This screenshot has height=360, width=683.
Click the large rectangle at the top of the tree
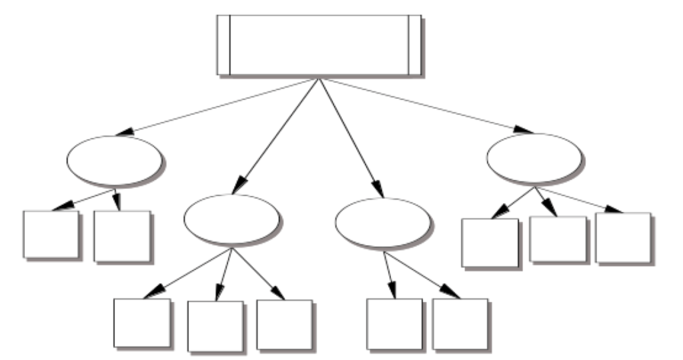click(319, 45)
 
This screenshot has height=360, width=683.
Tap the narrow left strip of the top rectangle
click(223, 45)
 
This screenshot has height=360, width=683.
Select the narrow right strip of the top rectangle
click(415, 45)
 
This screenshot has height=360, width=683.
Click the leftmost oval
click(114, 160)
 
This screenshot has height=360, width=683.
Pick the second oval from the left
click(231, 219)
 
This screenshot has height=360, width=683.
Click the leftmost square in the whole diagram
click(50, 234)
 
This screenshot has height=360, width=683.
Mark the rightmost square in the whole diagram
click(623, 237)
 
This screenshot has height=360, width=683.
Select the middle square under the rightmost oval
click(558, 239)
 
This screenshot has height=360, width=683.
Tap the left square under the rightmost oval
click(490, 243)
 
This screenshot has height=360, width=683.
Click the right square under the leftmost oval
click(122, 236)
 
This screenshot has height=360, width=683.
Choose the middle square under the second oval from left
click(215, 326)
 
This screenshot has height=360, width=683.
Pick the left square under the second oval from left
click(141, 323)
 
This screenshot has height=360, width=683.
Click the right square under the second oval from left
click(284, 324)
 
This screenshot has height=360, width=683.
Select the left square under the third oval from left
click(395, 323)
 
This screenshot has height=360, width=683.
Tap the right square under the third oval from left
click(460, 323)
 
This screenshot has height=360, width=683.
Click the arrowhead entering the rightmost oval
click(525, 129)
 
